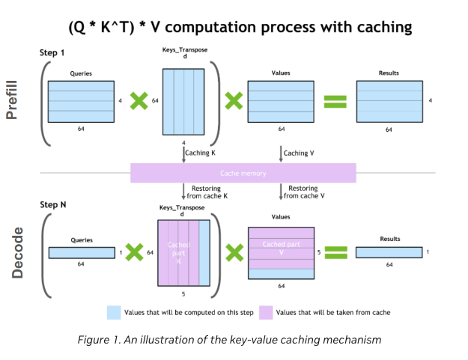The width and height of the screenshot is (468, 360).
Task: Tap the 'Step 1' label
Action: (52, 53)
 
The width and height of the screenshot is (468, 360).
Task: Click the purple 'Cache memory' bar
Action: (243, 173)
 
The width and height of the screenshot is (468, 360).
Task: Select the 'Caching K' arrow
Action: (183, 153)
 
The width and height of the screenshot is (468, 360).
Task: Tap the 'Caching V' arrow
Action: (282, 153)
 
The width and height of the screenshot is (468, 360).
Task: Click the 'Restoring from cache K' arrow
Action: (183, 192)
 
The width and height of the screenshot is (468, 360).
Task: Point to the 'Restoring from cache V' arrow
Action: (282, 192)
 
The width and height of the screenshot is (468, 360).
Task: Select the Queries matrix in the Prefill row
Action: (81, 100)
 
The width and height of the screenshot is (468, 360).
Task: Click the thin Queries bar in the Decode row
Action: (81, 252)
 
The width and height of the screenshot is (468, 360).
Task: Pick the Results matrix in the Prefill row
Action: (389, 100)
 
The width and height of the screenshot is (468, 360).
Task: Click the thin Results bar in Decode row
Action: (389, 252)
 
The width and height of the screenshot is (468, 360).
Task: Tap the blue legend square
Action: (115, 311)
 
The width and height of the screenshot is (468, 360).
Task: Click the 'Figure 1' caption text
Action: (230, 340)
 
